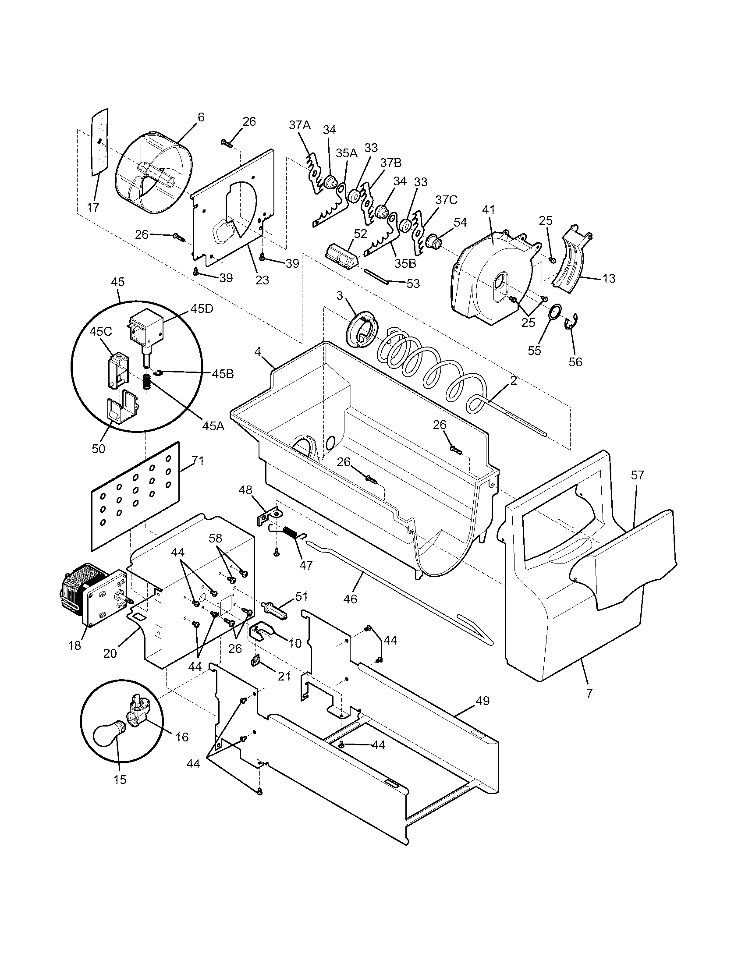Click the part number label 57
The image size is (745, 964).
637,475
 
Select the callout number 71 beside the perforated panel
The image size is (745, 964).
198,461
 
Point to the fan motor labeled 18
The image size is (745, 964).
90,592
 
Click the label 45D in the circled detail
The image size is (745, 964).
202,309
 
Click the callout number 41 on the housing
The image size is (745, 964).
489,209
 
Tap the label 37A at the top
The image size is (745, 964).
300,125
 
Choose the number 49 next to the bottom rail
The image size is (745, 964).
482,701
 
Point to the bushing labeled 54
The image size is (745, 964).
433,242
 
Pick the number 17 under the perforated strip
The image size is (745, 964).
93,207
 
